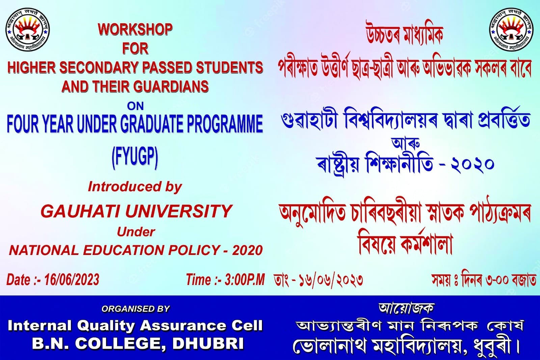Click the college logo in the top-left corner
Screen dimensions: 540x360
pos(27,29)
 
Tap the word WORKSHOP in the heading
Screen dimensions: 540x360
pos(135,29)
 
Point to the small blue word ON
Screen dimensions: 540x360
pos(135,106)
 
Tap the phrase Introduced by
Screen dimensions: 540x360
pos(135,187)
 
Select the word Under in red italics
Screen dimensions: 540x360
pos(136,232)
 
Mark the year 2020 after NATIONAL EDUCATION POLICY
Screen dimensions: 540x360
pos(247,250)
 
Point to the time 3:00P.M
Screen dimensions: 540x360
pos(244,280)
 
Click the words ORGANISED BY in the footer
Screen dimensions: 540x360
pos(135,309)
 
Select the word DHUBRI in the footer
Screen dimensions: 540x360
pos(208,343)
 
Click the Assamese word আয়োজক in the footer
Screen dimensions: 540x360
pos(406,308)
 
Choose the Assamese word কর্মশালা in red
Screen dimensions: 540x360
pos(426,244)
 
